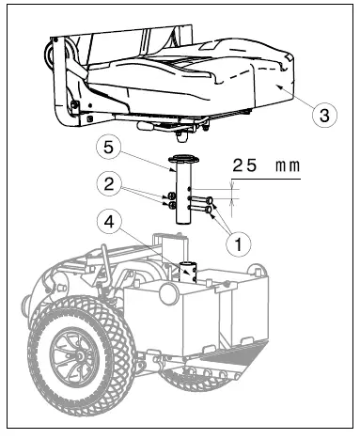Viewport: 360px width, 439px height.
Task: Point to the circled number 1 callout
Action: (241, 243)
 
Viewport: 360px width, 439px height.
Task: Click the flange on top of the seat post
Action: (184, 160)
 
